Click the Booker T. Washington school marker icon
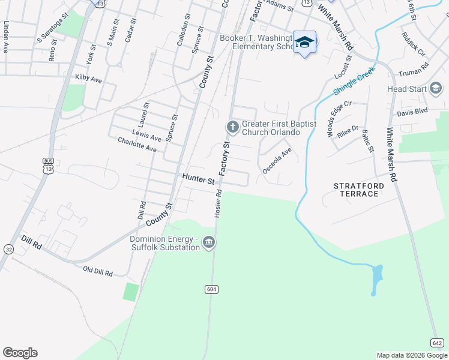[x=305, y=42]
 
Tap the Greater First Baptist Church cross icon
[x=232, y=127]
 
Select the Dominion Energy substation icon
[x=209, y=242]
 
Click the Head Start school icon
[x=436, y=89]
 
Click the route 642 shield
[x=437, y=342]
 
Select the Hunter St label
[x=199, y=179]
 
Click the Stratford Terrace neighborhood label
[x=359, y=190]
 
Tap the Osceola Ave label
[x=277, y=161]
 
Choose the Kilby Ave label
[x=89, y=78]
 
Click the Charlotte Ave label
[x=137, y=145]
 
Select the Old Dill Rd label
[x=98, y=272]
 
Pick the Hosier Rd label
[x=218, y=204]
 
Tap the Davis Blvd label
[x=412, y=112]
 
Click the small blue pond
[x=376, y=279]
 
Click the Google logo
[x=20, y=353]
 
